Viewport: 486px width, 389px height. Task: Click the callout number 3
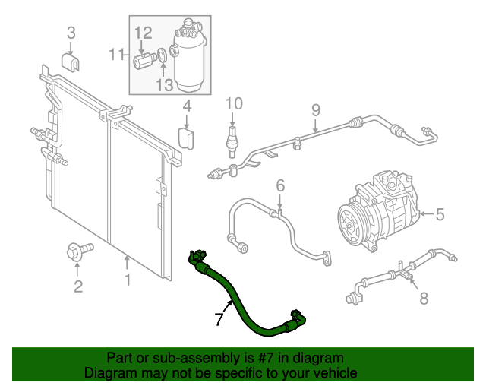pyautogui.click(x=71, y=32)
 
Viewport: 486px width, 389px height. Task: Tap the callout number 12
pyautogui.click(x=144, y=33)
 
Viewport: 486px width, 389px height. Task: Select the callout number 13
pyautogui.click(x=165, y=85)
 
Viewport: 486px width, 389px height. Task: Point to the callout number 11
pyautogui.click(x=116, y=54)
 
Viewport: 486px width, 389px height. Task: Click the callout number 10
pyautogui.click(x=233, y=103)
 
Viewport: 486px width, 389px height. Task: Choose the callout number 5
pyautogui.click(x=440, y=215)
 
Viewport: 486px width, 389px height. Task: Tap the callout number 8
pyautogui.click(x=424, y=298)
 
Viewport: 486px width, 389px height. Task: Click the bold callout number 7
pyautogui.click(x=219, y=320)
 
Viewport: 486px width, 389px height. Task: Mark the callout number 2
pyautogui.click(x=77, y=286)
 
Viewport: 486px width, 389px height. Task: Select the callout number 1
pyautogui.click(x=128, y=280)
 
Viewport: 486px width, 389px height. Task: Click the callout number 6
pyautogui.click(x=279, y=185)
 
